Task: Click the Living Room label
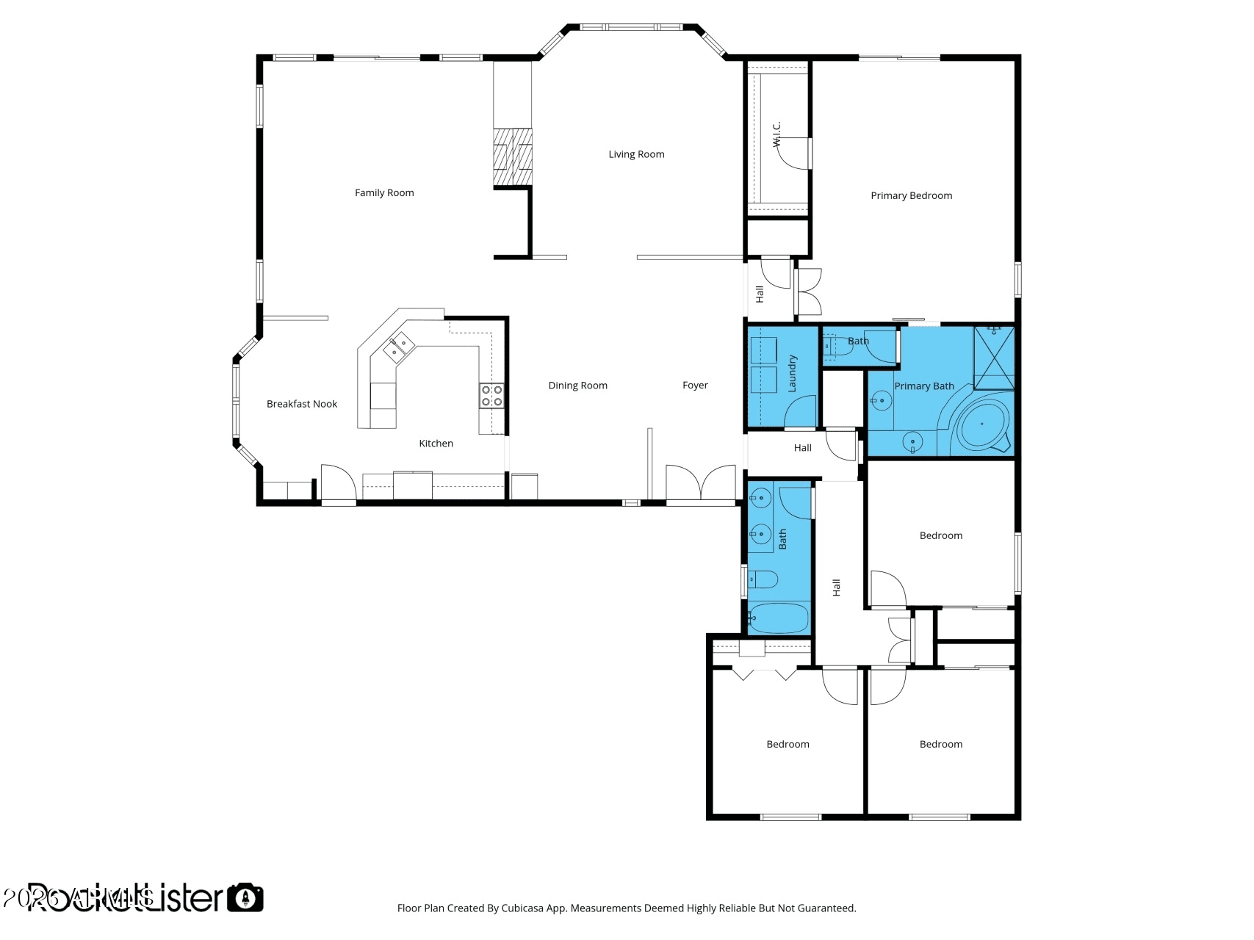tap(636, 154)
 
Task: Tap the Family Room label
tap(384, 193)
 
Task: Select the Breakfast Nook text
tap(302, 404)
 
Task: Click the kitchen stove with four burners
tap(492, 396)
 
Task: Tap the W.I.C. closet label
tap(776, 134)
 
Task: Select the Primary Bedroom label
tap(911, 195)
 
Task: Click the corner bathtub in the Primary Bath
tap(981, 426)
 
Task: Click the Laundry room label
tap(792, 373)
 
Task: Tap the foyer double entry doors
tap(701, 484)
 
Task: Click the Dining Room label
tap(577, 386)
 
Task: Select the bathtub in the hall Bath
tap(779, 618)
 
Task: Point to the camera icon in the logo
tap(245, 897)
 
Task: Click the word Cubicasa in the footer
tap(523, 908)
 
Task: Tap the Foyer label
tap(695, 386)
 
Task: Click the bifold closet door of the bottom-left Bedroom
tap(765, 673)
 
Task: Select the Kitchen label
tap(436, 444)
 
